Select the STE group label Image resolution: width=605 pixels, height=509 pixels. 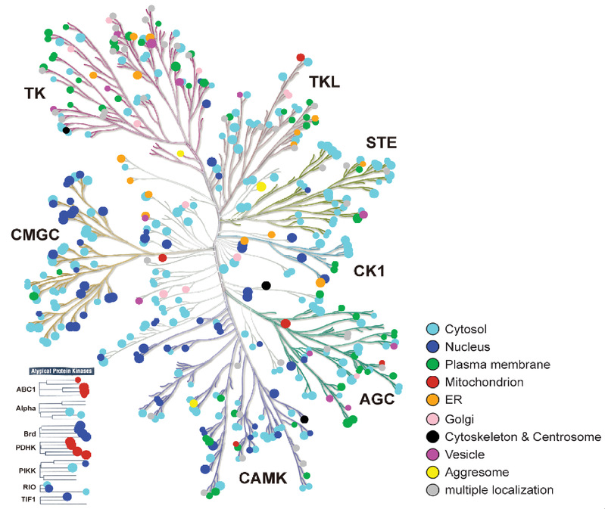click(x=381, y=142)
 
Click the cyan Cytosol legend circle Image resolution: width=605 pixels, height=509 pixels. click(x=432, y=328)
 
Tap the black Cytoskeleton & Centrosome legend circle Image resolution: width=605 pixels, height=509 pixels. click(x=432, y=436)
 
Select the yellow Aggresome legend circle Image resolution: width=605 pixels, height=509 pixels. click(x=432, y=473)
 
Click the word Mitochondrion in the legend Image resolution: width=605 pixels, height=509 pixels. click(x=485, y=383)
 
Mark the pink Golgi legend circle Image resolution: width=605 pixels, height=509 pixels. click(x=432, y=418)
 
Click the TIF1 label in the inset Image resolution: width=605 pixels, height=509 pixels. click(x=27, y=499)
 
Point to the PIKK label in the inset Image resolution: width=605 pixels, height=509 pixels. click(x=27, y=470)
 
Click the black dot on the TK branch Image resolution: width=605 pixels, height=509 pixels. click(x=66, y=130)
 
